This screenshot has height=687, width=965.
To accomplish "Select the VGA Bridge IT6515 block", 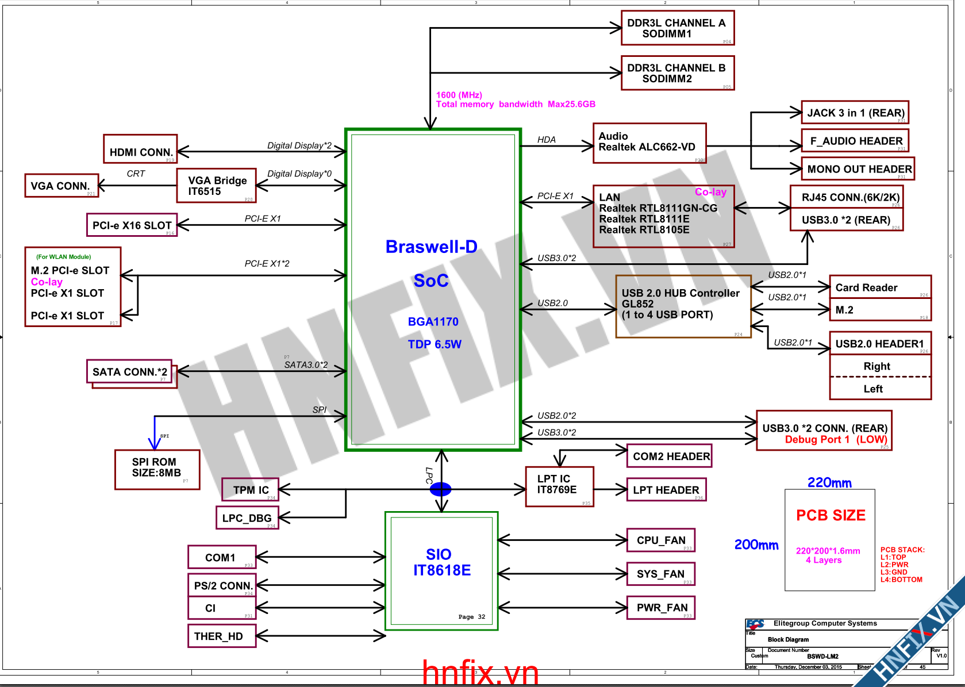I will click(216, 186).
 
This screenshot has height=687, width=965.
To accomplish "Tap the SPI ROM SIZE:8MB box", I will click(157, 470).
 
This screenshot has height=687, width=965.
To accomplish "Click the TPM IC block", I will click(250, 489).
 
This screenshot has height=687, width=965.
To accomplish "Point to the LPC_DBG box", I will click(247, 517).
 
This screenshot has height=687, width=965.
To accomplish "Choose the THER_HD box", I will click(221, 636).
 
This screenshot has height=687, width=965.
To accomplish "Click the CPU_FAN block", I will click(660, 540).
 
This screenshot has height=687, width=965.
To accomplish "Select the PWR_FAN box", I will click(660, 607).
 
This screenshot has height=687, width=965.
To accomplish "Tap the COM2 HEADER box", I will click(669, 456).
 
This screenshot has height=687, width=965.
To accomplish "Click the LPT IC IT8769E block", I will click(559, 486).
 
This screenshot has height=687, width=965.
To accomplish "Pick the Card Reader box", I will click(879, 287).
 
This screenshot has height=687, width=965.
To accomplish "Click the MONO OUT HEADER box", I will click(858, 169).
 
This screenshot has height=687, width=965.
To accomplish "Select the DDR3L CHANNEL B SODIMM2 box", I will click(678, 73).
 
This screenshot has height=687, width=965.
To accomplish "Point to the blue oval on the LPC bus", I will click(441, 489).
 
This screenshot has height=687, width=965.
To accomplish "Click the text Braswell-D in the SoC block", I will click(431, 247).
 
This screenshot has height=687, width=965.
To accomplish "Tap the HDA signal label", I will click(546, 140).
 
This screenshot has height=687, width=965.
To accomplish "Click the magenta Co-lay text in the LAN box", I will click(710, 192).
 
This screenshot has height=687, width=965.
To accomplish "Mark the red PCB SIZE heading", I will click(831, 515).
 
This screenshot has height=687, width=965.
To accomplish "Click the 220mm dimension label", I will click(829, 483).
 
